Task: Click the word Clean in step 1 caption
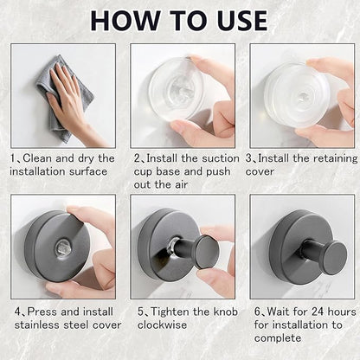[38, 158]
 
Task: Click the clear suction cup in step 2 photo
[177, 89]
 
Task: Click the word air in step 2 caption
[181, 184]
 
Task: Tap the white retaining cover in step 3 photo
[297, 95]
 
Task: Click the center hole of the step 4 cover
[63, 247]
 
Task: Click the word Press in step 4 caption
[42, 312]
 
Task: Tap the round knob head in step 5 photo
[207, 252]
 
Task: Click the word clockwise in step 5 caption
[162, 325]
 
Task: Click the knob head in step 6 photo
[335, 257]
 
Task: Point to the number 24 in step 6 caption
[318, 312]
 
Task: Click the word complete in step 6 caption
[278, 338]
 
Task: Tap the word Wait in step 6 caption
[279, 312]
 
